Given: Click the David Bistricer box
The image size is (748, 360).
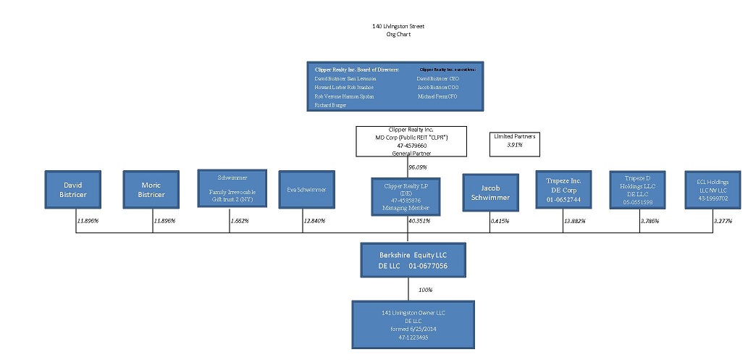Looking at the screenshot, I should [x=73, y=190].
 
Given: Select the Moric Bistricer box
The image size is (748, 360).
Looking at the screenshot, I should [x=151, y=190].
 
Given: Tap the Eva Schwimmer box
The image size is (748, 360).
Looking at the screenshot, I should [x=306, y=190].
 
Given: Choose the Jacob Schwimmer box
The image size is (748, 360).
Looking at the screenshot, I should [x=491, y=192].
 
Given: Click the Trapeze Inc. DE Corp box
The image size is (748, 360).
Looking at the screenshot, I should [x=563, y=190].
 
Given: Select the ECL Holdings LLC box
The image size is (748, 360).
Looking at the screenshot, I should [x=713, y=190].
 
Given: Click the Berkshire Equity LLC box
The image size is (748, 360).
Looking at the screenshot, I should [x=413, y=261].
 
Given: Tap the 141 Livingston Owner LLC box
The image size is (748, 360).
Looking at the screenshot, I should [x=413, y=325].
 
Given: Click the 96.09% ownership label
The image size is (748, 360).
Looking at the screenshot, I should [x=418, y=167].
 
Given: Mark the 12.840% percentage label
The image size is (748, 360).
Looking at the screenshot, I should [x=314, y=220].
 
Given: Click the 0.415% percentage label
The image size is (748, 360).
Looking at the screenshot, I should [x=500, y=220].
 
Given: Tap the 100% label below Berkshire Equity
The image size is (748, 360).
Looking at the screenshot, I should [x=425, y=290].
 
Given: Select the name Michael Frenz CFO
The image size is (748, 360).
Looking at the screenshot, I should [x=437, y=96].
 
